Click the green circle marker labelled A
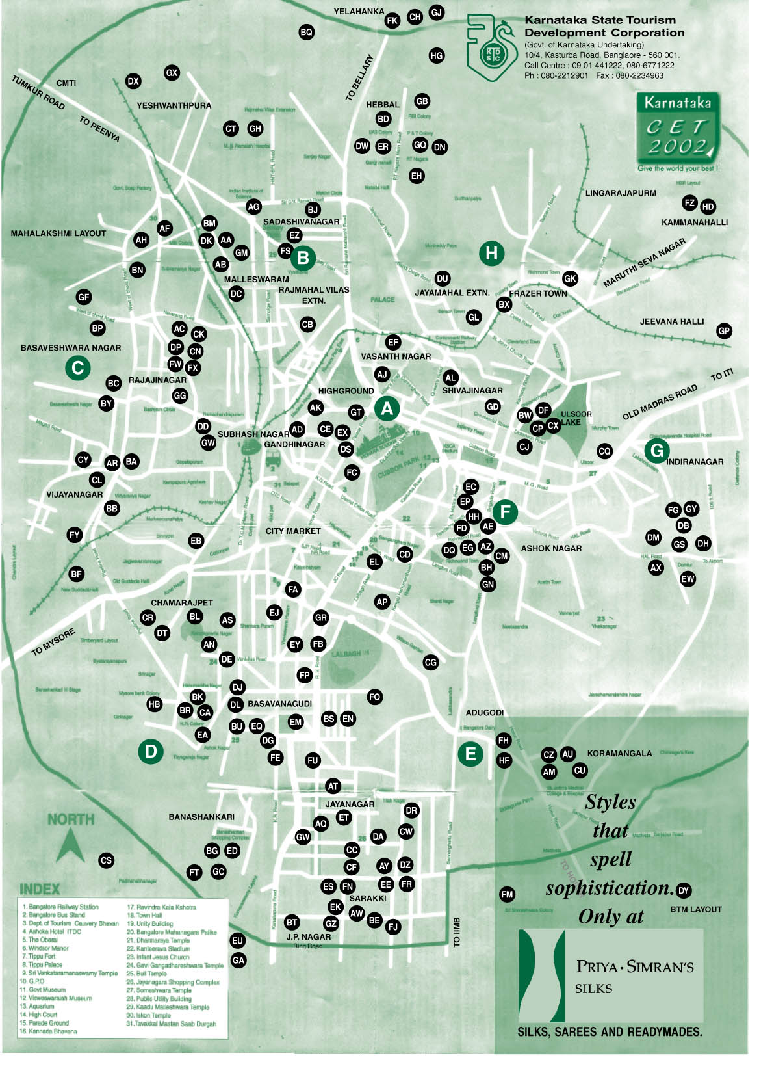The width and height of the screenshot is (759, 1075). point(387,408)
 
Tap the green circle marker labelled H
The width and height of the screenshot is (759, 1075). point(492,253)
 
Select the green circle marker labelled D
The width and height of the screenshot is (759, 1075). point(151,752)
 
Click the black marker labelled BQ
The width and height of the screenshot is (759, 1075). point(306,32)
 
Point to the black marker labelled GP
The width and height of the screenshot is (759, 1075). point(724,330)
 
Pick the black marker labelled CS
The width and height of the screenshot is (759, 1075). point(106,860)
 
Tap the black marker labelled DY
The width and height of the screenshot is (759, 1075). point(683,890)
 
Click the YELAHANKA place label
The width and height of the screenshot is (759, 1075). point(359,12)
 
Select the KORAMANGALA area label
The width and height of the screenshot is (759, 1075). point(619,753)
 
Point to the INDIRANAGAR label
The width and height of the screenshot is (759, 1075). point(695,462)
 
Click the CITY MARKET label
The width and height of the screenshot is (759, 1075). point(293,531)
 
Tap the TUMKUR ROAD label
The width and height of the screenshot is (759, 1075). point(38,92)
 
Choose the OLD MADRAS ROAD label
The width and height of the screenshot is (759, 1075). point(660,402)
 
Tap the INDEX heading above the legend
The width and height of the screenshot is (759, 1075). point(40,888)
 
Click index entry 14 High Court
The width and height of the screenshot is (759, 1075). point(44,1014)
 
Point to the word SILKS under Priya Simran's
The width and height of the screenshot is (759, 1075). point(593,989)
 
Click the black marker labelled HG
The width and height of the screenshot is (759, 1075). point(437,56)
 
